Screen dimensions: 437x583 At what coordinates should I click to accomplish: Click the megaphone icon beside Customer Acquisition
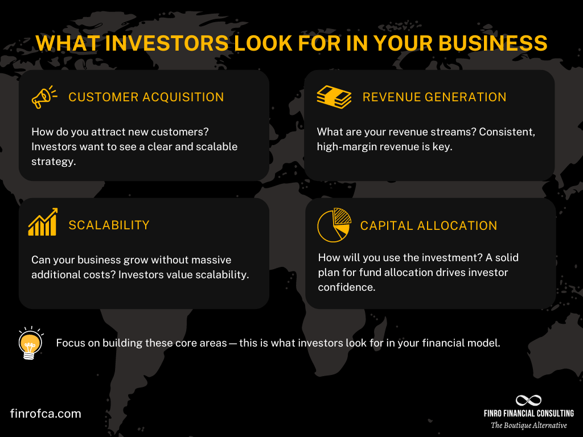[x=43, y=97]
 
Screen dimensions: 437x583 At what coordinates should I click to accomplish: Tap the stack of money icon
[x=334, y=97]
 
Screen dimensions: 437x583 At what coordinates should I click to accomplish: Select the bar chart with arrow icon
[x=43, y=222]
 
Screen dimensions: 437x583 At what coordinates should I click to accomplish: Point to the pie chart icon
[x=333, y=225]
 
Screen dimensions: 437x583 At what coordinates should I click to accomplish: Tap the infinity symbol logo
[x=528, y=401]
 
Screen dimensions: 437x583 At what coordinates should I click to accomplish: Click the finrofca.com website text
[x=46, y=414]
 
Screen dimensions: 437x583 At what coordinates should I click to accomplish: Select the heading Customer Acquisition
[x=146, y=97]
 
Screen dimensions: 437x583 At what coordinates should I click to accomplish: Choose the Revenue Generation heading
[x=434, y=97]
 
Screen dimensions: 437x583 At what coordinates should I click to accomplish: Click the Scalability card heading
[x=109, y=225]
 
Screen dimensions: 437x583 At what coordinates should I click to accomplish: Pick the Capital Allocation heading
[x=429, y=226]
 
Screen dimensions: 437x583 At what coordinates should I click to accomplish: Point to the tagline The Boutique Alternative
[x=529, y=426]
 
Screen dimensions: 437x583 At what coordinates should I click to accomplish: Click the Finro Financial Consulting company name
[x=529, y=414]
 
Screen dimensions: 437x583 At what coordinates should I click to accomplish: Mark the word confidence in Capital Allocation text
[x=347, y=287]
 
